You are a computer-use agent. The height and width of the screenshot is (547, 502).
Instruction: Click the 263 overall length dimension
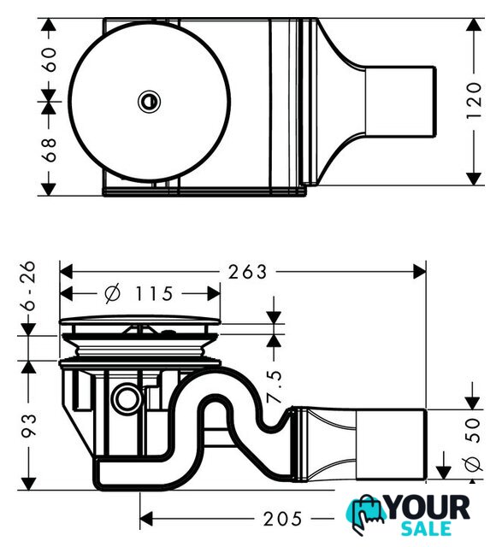[x=247, y=272]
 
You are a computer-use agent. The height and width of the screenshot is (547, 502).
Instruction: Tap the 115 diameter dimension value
[x=154, y=293]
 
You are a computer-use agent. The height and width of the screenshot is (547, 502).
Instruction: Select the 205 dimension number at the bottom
[x=282, y=519]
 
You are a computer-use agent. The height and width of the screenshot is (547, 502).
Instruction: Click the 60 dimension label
[x=49, y=60]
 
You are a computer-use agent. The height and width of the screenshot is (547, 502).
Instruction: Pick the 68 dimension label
[x=49, y=150]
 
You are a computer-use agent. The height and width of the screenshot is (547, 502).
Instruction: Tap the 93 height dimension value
[x=29, y=426]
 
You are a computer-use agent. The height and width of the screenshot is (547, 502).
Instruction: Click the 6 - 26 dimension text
[x=29, y=285]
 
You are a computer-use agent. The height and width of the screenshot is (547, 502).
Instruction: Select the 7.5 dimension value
[x=274, y=386]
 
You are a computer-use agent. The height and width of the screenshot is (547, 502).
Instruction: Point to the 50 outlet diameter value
[x=473, y=430]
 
